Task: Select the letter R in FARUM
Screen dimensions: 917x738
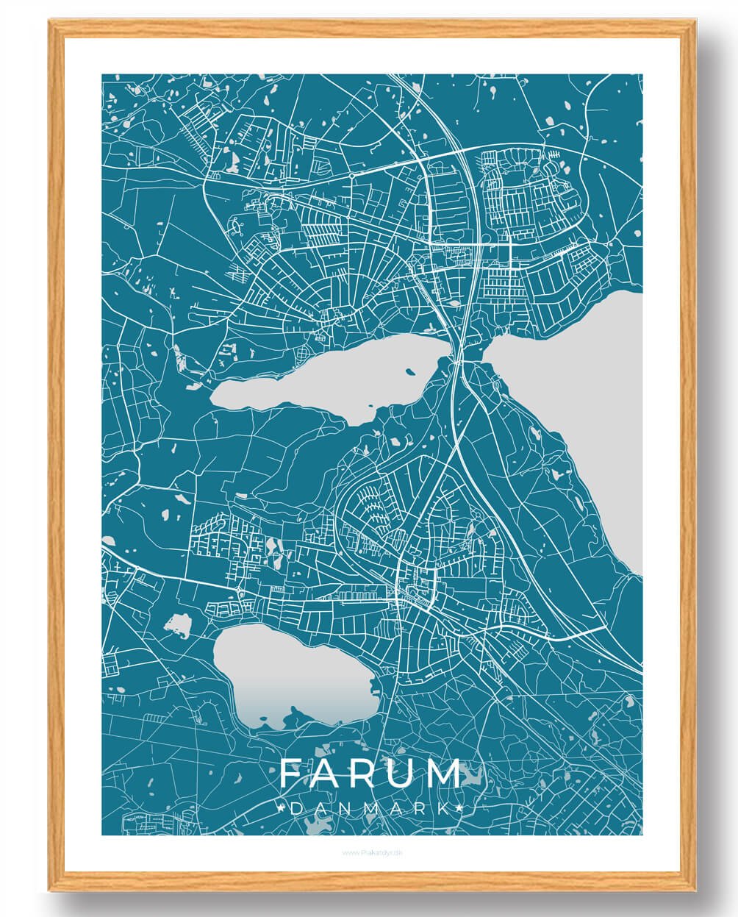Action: point(368,774)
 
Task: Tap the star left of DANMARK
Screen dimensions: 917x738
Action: point(283,808)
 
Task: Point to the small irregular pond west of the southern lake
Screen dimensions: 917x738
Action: point(177,626)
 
